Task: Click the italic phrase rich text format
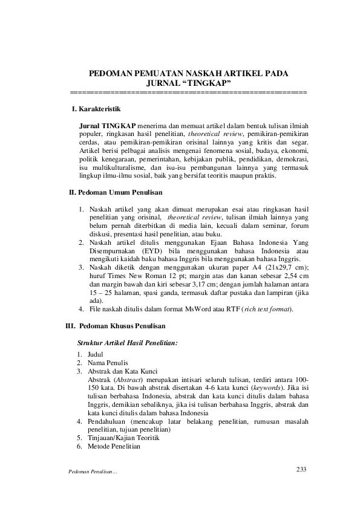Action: pos(269,310)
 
